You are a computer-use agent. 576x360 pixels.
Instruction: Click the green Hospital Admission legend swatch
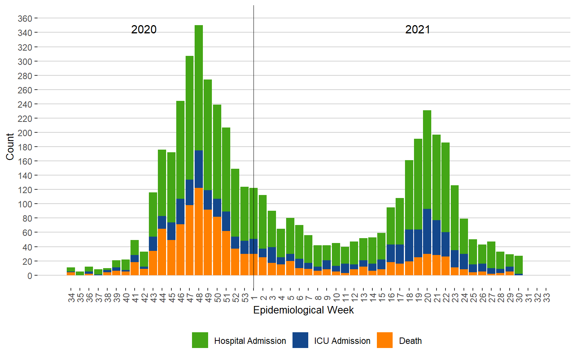[200, 340]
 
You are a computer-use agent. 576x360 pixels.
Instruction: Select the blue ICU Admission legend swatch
[300, 340]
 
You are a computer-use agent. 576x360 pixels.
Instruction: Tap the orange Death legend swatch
[385, 340]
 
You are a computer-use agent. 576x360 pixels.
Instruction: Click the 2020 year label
[144, 30]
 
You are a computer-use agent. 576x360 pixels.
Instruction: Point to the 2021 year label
[417, 30]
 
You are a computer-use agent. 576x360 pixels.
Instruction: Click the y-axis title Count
[10, 147]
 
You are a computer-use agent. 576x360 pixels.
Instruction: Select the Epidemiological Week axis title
[303, 310]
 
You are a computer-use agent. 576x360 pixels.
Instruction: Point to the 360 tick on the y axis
[25, 18]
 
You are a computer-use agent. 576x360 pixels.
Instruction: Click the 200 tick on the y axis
[25, 133]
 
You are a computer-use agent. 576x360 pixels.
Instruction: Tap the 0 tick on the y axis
[30, 276]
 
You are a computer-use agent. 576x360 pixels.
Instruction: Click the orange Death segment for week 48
[199, 232]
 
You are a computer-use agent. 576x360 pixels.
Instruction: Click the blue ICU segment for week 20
[427, 231]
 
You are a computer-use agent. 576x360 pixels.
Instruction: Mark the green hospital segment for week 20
[427, 159]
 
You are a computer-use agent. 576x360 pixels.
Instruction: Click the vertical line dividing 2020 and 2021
[253, 112]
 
